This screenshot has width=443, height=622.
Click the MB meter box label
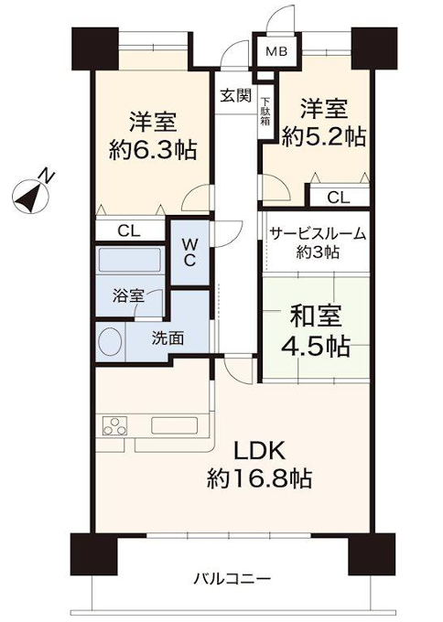coord(276,51)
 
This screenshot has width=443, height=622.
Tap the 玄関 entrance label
coord(236,96)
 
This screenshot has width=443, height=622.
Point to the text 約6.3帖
coord(153,150)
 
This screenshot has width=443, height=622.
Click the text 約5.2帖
coord(323,137)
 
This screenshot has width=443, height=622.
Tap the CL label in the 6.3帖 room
coord(129,231)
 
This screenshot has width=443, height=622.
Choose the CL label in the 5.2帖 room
coord(339,198)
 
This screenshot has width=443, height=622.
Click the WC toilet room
coord(189,252)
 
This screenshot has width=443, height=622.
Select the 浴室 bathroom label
coord(128,295)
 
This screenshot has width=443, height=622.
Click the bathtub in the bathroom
coord(130,260)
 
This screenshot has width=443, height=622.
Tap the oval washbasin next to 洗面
coord(111,341)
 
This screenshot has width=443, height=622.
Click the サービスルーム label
coord(318,233)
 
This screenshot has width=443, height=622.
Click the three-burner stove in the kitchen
coord(114,426)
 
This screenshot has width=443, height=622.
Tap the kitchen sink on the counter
coord(174,426)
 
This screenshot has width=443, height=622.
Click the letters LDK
coord(259,451)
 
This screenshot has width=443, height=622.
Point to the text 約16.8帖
coord(259,478)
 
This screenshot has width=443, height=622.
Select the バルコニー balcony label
coord(232,579)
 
